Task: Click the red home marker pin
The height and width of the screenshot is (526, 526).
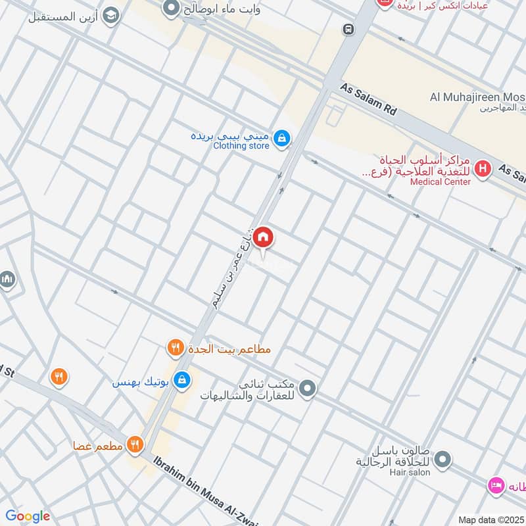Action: pyautogui.click(x=262, y=237)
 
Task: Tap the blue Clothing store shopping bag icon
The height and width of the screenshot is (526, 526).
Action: pyautogui.click(x=281, y=137)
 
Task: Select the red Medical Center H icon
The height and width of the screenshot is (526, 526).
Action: pyautogui.click(x=483, y=169)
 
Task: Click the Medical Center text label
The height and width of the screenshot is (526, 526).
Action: pyautogui.click(x=440, y=181)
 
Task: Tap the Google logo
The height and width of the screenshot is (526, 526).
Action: pyautogui.click(x=28, y=516)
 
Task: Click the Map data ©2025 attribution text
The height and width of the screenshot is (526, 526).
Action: pyautogui.click(x=490, y=520)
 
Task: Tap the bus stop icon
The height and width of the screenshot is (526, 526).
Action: pyautogui.click(x=347, y=30)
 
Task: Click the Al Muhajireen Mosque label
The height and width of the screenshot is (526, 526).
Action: pyautogui.click(x=477, y=97)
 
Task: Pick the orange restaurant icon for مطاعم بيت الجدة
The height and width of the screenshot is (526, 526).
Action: pyautogui.click(x=175, y=348)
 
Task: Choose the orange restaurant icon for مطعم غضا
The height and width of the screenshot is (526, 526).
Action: pyautogui.click(x=135, y=445)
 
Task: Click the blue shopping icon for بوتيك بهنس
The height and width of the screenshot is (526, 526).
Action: pyautogui.click(x=183, y=380)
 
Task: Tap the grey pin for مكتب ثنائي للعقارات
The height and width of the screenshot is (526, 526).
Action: pyautogui.click(x=307, y=390)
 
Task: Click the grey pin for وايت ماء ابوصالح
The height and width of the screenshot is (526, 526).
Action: pyautogui.click(x=172, y=9)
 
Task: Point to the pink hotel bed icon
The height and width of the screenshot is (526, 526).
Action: pyautogui.click(x=495, y=485)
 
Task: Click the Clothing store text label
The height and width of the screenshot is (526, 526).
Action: pyautogui.click(x=241, y=146)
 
